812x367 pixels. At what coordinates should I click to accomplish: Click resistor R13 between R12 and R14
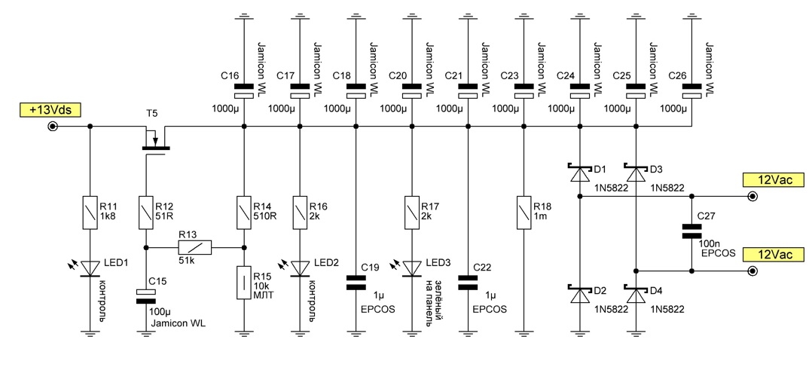pos(194,247)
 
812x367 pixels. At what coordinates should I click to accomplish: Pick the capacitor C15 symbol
pos(145,296)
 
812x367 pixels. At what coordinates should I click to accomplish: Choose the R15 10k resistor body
pos(244,283)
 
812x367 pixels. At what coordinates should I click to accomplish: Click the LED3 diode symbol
pos(411,267)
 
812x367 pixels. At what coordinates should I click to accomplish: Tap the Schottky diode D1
pos(579,173)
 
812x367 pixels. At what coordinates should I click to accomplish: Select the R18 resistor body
pos(522,211)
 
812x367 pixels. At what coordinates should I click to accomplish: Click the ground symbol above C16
pos(244,14)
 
